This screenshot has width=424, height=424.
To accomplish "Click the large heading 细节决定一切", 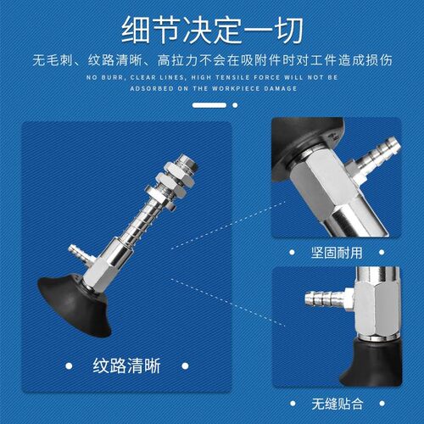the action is click(212, 30).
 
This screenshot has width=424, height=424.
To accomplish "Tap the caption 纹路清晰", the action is click(126, 365).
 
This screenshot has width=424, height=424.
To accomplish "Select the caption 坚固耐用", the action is click(337, 253).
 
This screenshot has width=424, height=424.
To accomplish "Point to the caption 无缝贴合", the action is click(338, 404).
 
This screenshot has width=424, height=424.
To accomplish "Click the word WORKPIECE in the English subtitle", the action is click(236, 88).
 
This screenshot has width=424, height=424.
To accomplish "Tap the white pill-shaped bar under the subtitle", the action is click(209, 105).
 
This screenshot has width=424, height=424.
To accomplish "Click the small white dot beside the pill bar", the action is click(235, 105).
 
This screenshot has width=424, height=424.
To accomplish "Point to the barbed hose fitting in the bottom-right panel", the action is click(328, 298).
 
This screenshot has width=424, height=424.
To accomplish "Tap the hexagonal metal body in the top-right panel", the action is click(325, 181).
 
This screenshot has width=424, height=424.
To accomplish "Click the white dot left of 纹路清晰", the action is click(69, 366).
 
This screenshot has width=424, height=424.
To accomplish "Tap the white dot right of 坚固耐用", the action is click(382, 252).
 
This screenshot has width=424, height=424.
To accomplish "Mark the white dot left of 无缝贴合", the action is click(293, 404).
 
